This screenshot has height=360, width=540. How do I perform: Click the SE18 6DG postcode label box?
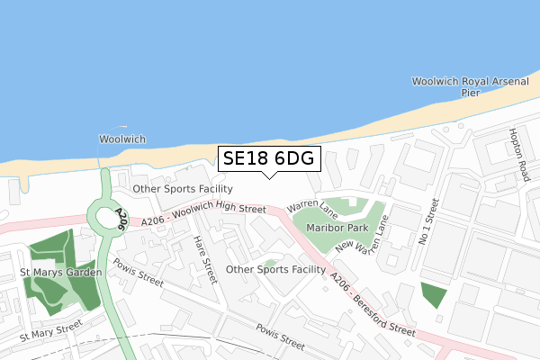pyautogui.click(x=267, y=159)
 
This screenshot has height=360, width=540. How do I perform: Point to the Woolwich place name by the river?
pyautogui.click(x=121, y=139)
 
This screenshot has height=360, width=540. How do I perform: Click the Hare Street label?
pyautogui.click(x=206, y=260)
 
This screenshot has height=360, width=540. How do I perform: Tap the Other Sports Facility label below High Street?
pyautogui.click(x=275, y=269)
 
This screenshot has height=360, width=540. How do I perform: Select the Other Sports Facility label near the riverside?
pyautogui.click(x=183, y=189)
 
